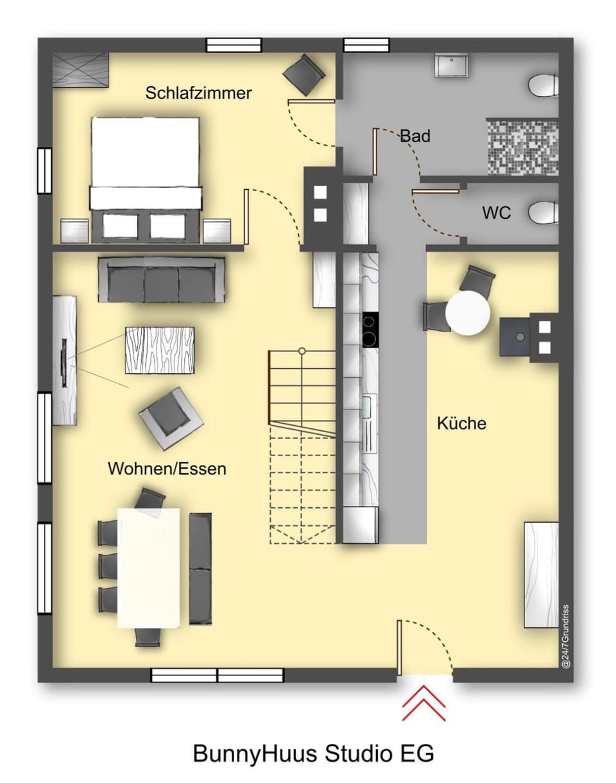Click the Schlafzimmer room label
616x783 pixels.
click(x=198, y=93)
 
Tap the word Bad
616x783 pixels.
click(x=415, y=136)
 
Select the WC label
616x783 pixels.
click(x=497, y=212)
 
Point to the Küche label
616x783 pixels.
click(x=461, y=423)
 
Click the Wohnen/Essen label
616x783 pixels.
click(x=167, y=469)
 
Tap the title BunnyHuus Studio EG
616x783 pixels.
click(x=314, y=753)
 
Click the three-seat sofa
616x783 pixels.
click(x=161, y=280)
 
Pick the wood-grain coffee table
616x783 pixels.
click(x=160, y=350)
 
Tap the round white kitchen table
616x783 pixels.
click(x=468, y=313)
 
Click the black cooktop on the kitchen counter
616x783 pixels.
click(x=370, y=330)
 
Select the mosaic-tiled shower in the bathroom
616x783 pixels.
click(x=522, y=146)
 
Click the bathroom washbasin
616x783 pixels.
click(x=450, y=65)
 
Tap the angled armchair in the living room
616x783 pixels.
click(x=171, y=418)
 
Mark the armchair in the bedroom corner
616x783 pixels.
click(x=304, y=75)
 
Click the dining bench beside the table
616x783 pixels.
click(x=200, y=568)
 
